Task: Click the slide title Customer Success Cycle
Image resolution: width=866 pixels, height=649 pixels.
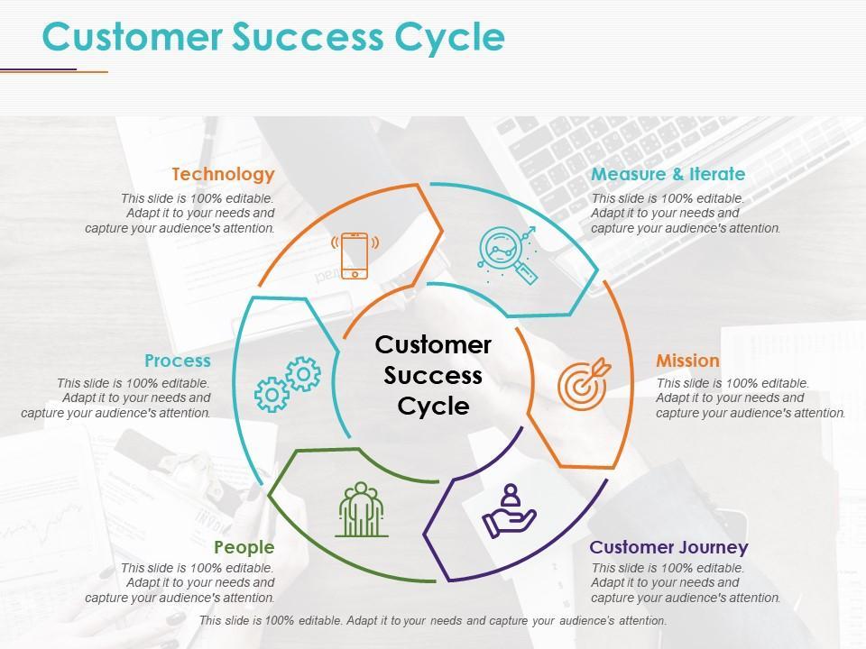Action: (x=273, y=37)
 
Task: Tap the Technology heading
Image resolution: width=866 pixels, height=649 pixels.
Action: (x=223, y=174)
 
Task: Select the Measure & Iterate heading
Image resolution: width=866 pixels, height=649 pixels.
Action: (x=668, y=174)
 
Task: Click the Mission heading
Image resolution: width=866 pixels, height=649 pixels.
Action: (x=687, y=361)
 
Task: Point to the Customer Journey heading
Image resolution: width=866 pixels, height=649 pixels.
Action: (x=668, y=547)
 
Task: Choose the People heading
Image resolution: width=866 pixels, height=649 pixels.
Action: (x=244, y=547)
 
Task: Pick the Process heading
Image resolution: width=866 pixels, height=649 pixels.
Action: (x=178, y=361)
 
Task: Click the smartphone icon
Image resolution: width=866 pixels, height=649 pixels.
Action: (x=355, y=255)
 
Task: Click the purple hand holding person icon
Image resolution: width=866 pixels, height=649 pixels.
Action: (x=509, y=511)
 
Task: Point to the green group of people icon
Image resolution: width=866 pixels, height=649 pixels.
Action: (x=362, y=509)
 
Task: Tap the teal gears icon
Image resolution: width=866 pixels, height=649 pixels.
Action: (x=288, y=384)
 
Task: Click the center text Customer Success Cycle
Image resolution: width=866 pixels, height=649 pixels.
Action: (x=433, y=375)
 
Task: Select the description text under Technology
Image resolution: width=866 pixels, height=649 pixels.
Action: (x=180, y=214)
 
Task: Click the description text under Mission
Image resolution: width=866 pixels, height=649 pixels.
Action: (x=751, y=398)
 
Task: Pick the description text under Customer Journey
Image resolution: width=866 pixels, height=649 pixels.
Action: (x=686, y=583)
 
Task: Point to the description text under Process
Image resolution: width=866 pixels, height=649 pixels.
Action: (x=116, y=398)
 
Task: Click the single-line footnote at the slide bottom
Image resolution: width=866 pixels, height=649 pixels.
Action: (x=433, y=621)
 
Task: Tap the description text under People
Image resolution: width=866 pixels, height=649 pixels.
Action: (x=180, y=583)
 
